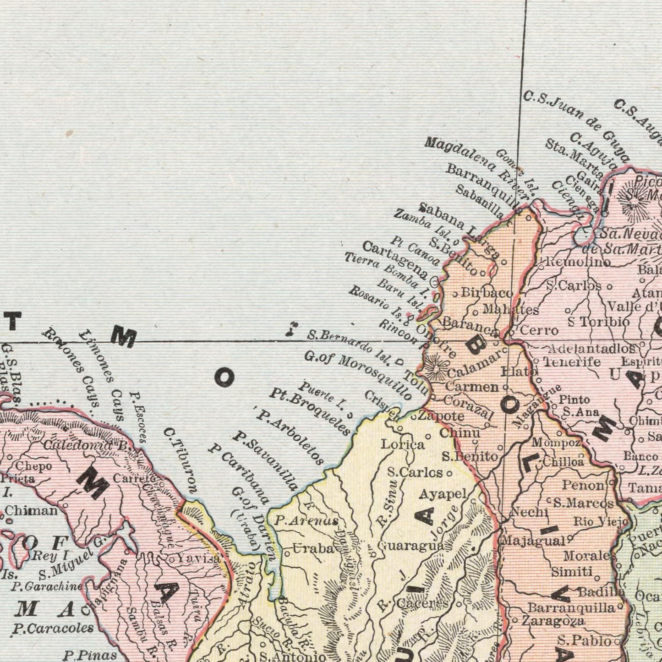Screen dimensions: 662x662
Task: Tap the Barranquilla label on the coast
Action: pyautogui.click(x=485, y=187)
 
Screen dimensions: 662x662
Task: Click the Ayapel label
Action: pyautogui.click(x=443, y=494)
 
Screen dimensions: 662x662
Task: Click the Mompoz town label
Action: pyautogui.click(x=557, y=443)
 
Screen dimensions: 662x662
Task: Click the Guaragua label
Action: pyautogui.click(x=410, y=546)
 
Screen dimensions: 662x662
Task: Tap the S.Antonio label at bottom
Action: pyautogui.click(x=293, y=657)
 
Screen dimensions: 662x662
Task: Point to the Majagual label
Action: pyautogui.click(x=533, y=541)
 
